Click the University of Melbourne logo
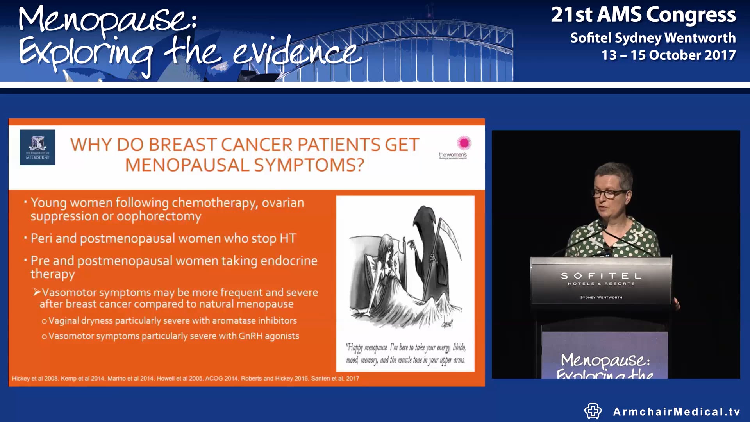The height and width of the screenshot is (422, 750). pos(37,147)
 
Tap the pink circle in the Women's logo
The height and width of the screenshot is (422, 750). pos(464,143)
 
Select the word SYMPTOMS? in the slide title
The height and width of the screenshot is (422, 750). pos(309,165)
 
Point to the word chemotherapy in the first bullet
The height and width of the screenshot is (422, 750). pos(214,203)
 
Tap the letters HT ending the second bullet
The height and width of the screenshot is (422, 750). pos(287,238)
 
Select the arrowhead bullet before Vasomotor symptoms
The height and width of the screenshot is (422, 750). pos(37,292)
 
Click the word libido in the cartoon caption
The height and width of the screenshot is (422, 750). pos(459,347)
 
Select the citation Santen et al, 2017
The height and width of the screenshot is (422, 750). pos(335,378)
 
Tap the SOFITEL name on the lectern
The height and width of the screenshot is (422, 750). pos(601,276)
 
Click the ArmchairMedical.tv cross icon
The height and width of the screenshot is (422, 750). pos(593,411)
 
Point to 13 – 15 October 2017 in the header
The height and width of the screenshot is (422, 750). pos(668,55)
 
